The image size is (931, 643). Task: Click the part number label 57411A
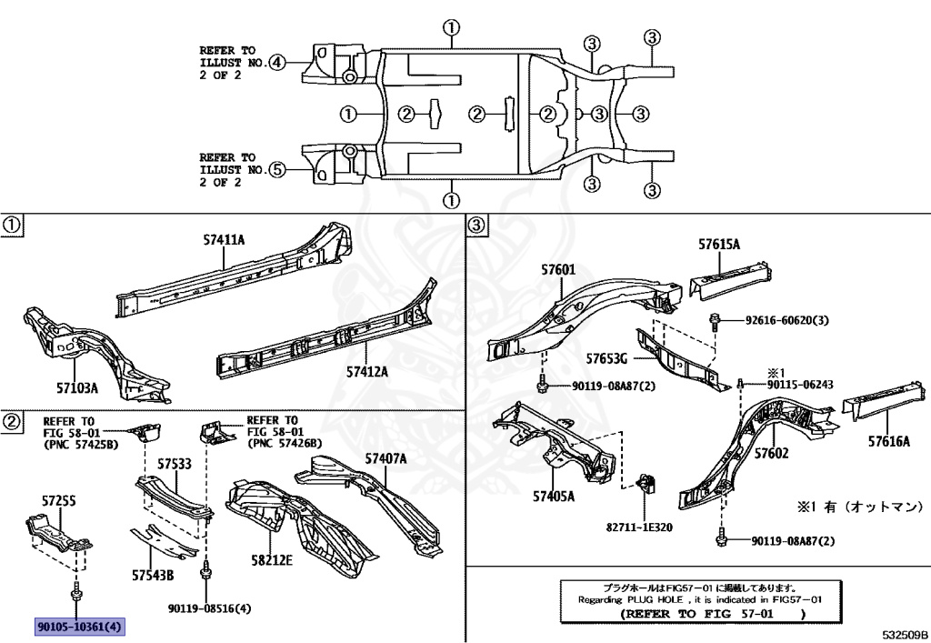pyautogui.click(x=224, y=240)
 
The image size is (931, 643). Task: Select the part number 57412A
pyautogui.click(x=366, y=371)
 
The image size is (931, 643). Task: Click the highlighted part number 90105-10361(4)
pyautogui.click(x=80, y=627)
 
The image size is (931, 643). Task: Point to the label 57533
pyautogui.click(x=173, y=464)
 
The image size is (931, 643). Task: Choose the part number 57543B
pyautogui.click(x=152, y=574)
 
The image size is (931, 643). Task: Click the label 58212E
pyautogui.click(x=270, y=560)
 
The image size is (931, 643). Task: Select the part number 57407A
pyautogui.click(x=385, y=457)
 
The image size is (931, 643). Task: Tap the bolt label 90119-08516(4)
pyautogui.click(x=209, y=608)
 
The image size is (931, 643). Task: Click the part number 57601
pyautogui.click(x=558, y=270)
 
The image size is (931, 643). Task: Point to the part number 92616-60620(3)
pyautogui.click(x=786, y=321)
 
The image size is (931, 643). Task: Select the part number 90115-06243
pyautogui.click(x=800, y=384)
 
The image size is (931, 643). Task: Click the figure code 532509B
pyautogui.click(x=904, y=633)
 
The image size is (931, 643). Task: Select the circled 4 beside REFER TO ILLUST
pyautogui.click(x=276, y=63)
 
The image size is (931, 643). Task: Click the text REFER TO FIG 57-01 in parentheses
pyautogui.click(x=713, y=614)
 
